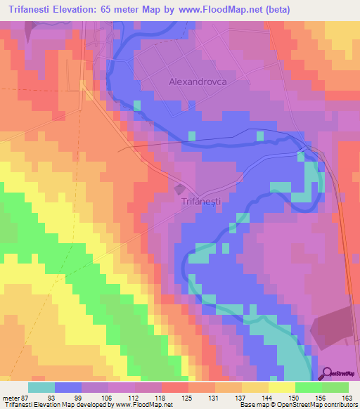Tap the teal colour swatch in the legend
click(x=41, y=387)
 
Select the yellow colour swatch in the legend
click(x=281, y=387)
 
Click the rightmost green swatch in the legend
click(x=335, y=387)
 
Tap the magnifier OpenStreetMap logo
click(x=327, y=374)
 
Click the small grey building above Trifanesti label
click(x=180, y=188)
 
